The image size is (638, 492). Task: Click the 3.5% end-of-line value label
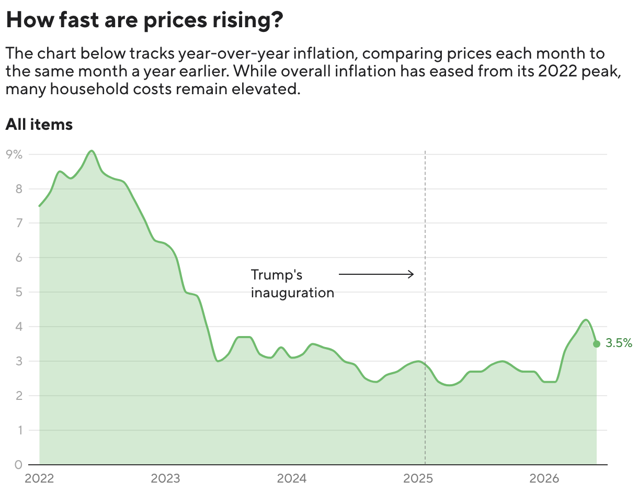pyautogui.click(x=619, y=343)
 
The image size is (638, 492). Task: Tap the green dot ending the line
pyautogui.click(x=596, y=344)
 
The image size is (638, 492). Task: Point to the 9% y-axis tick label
pyautogui.click(x=14, y=154)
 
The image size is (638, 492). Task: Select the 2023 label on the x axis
pyautogui.click(x=165, y=478)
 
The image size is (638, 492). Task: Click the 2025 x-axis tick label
pyautogui.click(x=418, y=478)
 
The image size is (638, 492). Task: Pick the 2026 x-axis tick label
pyautogui.click(x=544, y=478)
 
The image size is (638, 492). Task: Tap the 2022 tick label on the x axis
pyautogui.click(x=39, y=478)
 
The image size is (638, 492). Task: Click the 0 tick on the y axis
pyautogui.click(x=18, y=465)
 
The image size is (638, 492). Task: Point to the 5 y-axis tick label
pyautogui.click(x=19, y=292)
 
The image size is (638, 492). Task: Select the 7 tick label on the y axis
pyautogui.click(x=19, y=223)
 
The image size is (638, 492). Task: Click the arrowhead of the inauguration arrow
pyautogui.click(x=411, y=274)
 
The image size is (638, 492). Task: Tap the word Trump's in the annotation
pyautogui.click(x=276, y=275)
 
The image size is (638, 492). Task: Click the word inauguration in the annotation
pyautogui.click(x=292, y=293)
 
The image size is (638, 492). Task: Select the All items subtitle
pyautogui.click(x=39, y=124)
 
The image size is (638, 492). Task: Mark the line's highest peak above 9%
pyautogui.click(x=92, y=151)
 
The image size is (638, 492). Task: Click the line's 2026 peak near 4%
pyautogui.click(x=586, y=320)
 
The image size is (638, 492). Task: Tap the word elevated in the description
pyautogui.click(x=266, y=88)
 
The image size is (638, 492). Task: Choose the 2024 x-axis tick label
pyautogui.click(x=292, y=478)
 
